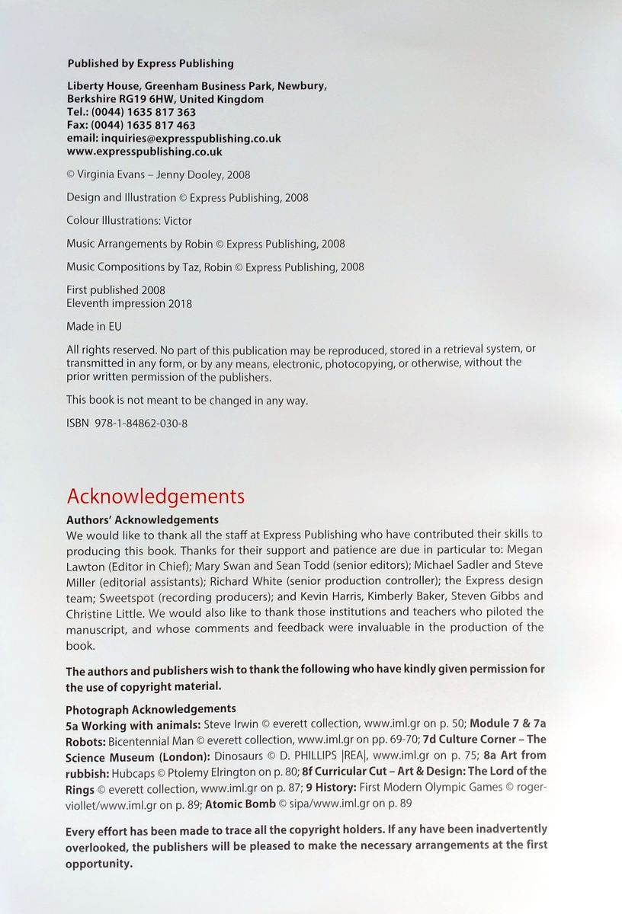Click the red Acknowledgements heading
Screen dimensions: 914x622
tap(155, 497)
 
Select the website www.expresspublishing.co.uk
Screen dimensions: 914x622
tap(144, 151)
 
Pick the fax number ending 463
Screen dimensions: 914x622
tap(143, 125)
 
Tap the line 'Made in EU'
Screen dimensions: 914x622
tap(94, 326)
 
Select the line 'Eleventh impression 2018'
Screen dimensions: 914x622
tap(129, 303)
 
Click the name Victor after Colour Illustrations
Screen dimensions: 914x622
tap(178, 221)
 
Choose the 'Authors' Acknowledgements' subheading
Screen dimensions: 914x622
tap(143, 519)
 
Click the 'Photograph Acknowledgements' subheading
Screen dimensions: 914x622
tap(151, 708)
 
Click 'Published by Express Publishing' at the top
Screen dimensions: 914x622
tap(150, 63)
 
